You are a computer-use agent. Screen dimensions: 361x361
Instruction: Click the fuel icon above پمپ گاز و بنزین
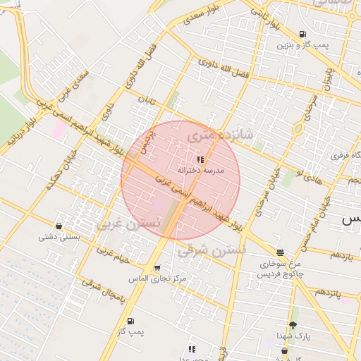point(302,34)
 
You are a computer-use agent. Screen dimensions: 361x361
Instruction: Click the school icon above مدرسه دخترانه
point(200,159)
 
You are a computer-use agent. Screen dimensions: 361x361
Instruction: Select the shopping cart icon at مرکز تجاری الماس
point(157,268)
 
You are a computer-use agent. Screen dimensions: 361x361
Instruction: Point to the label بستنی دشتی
point(57,237)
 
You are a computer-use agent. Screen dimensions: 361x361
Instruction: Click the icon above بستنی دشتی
point(58,226)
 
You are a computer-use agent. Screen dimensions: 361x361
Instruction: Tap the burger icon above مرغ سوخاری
point(280,252)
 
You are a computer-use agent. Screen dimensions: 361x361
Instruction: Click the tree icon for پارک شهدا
point(293,325)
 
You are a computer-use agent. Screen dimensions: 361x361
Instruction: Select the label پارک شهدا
point(293,336)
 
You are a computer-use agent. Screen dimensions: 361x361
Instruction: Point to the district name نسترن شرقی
point(211,250)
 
